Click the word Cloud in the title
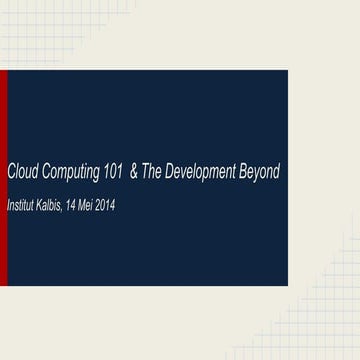(23, 172)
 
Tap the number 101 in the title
(113, 172)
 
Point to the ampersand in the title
(135, 172)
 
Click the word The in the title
(152, 172)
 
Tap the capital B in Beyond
(240, 172)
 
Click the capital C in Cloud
(11, 172)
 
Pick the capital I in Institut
(9, 205)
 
